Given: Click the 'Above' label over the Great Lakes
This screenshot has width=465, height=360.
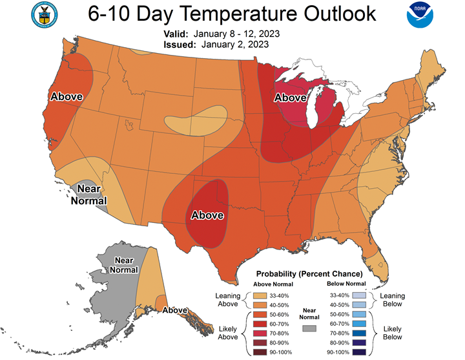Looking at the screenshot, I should (291, 98).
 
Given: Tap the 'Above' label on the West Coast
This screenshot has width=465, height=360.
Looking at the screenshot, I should (67, 96).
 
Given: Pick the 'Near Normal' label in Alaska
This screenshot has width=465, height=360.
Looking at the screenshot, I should (124, 264).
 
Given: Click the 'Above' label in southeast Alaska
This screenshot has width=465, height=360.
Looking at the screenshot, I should (175, 310).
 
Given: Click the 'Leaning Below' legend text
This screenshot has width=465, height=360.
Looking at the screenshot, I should (392, 299).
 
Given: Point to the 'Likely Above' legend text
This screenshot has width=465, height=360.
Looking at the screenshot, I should (227, 332).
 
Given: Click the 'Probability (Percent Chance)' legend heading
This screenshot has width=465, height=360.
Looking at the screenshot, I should (309, 274).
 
